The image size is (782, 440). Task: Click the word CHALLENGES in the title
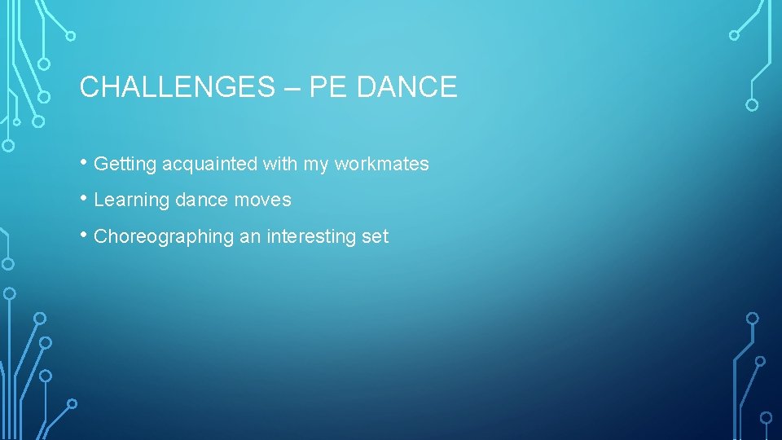178,87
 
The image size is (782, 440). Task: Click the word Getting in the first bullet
125,165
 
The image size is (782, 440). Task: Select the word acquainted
209,164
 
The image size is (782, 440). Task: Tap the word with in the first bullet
280,164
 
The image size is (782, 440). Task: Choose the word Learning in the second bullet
131,200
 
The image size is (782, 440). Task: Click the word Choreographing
164,237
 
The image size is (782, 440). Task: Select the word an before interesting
248,237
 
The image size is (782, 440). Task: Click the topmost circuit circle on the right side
734,35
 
